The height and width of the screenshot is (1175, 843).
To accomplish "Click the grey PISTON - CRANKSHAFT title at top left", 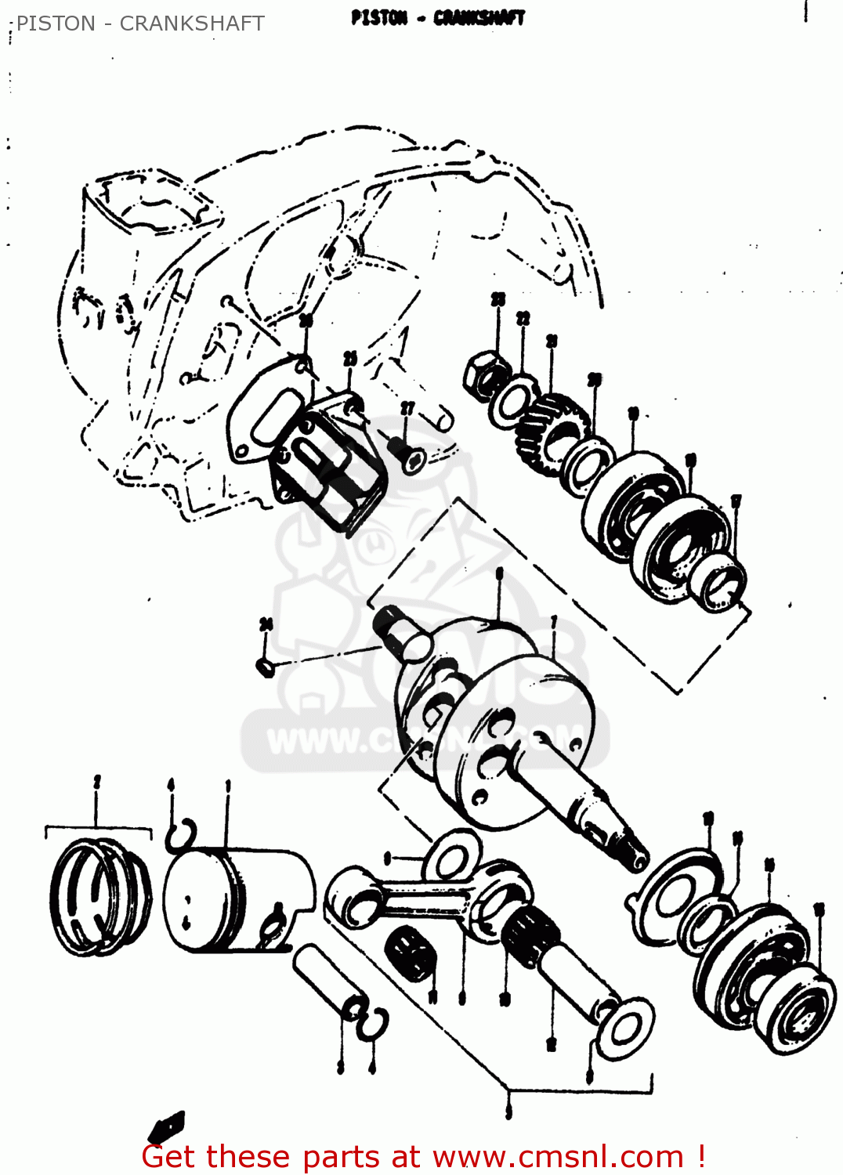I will tap(140, 23).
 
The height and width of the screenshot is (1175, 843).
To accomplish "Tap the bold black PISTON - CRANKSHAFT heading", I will tap(438, 17).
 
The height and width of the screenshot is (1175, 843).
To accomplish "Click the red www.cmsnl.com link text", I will tap(558, 1156).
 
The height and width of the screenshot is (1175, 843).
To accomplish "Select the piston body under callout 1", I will tap(235, 897).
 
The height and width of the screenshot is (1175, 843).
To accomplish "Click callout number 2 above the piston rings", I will tap(97, 782).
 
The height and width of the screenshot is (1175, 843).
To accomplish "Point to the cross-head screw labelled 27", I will tap(407, 454).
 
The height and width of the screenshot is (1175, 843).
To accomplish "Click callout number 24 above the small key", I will tap(266, 624).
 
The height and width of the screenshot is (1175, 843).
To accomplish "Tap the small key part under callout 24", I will tap(266, 667).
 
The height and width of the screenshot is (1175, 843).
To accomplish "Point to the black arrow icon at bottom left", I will tap(166, 1126).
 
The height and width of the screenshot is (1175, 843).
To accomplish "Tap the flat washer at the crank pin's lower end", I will tap(624, 1027).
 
